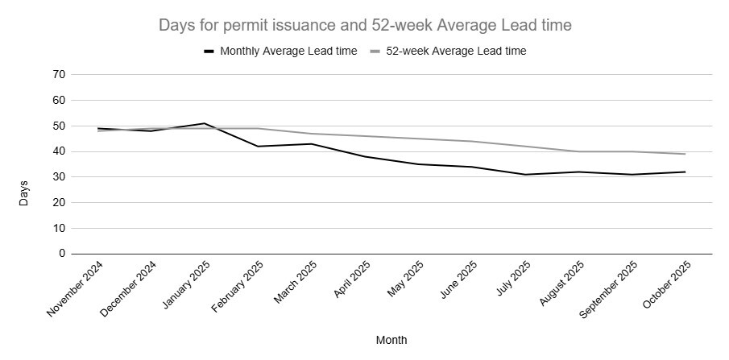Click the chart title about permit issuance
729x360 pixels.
point(365,26)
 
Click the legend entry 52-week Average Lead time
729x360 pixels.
point(456,51)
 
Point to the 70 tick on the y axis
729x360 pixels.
point(58,75)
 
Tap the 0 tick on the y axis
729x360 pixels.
point(61,254)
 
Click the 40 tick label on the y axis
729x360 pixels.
point(58,151)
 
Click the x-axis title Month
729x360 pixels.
point(391,340)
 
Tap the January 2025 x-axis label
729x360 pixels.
point(187,288)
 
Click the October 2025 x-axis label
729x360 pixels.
point(668,288)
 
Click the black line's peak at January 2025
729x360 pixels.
point(205,123)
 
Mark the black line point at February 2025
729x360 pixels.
point(258,147)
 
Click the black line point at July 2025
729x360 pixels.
point(525,175)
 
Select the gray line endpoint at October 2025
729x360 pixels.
point(686,154)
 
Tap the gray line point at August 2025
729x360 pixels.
point(578,151)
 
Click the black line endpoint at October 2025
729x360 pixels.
point(686,172)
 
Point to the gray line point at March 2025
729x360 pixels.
point(311,134)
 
